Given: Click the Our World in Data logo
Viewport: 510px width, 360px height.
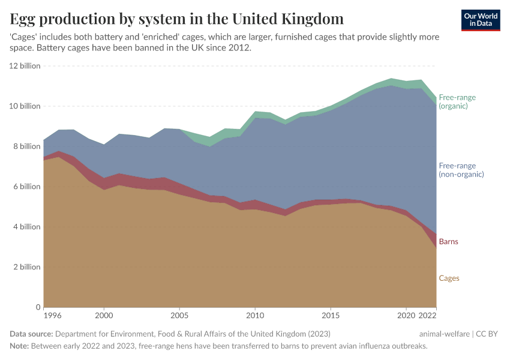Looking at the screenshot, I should (481, 20).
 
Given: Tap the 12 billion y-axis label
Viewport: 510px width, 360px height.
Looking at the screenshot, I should (25, 66).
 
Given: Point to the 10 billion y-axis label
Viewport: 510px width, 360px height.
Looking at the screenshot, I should (25, 106).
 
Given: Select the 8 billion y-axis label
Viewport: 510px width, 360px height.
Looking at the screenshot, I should (26, 146).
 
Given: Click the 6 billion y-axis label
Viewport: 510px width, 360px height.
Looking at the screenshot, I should (26, 187).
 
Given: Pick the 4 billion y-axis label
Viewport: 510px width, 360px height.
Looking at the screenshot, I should (26, 227).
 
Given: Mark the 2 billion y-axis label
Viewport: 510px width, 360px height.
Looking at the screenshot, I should (26, 267).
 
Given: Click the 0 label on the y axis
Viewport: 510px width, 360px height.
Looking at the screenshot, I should (37, 307).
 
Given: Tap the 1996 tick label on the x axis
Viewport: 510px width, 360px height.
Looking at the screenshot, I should (52, 315).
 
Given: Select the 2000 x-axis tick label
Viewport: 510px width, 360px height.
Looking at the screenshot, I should (104, 315).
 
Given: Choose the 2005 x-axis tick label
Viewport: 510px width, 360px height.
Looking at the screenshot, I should (179, 315).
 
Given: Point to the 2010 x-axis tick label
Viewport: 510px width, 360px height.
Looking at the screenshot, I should (255, 315).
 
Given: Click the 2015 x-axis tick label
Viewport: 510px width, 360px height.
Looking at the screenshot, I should (331, 315).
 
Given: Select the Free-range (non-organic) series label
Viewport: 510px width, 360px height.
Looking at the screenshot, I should (461, 170).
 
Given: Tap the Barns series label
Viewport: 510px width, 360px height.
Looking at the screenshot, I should (449, 242).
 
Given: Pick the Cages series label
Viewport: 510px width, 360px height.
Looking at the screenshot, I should (449, 278).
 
